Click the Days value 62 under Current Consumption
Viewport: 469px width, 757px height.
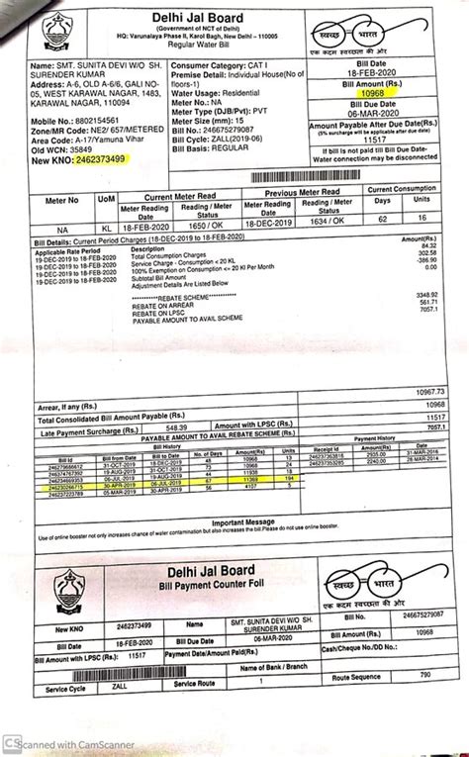coord(384,226)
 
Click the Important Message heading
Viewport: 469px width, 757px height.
coord(237,521)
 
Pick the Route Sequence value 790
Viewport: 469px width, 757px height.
coord(424,675)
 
